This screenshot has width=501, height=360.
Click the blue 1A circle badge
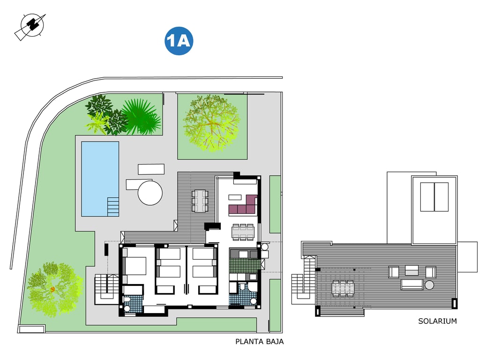click(179, 41)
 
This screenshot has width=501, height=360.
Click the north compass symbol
click(31, 26)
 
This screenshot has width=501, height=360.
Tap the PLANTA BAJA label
click(260, 341)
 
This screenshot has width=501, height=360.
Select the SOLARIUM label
click(437, 321)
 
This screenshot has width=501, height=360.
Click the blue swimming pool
click(100, 179)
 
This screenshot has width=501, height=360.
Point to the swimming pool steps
click(113, 207)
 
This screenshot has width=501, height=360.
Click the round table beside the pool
click(150, 193)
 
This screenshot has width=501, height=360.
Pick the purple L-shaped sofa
click(244, 206)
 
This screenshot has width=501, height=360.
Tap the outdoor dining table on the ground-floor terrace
click(200, 201)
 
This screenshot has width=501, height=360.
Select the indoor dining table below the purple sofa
click(243, 232)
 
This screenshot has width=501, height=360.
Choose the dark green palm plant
click(141, 117)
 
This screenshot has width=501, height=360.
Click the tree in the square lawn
click(211, 123)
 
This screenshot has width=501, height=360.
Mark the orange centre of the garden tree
click(52, 289)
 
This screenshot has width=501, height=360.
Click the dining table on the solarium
click(343, 288)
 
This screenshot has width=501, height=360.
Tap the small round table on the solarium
click(429, 285)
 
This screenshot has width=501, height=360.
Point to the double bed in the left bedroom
click(134, 266)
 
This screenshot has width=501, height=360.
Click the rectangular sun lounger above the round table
click(151, 169)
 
